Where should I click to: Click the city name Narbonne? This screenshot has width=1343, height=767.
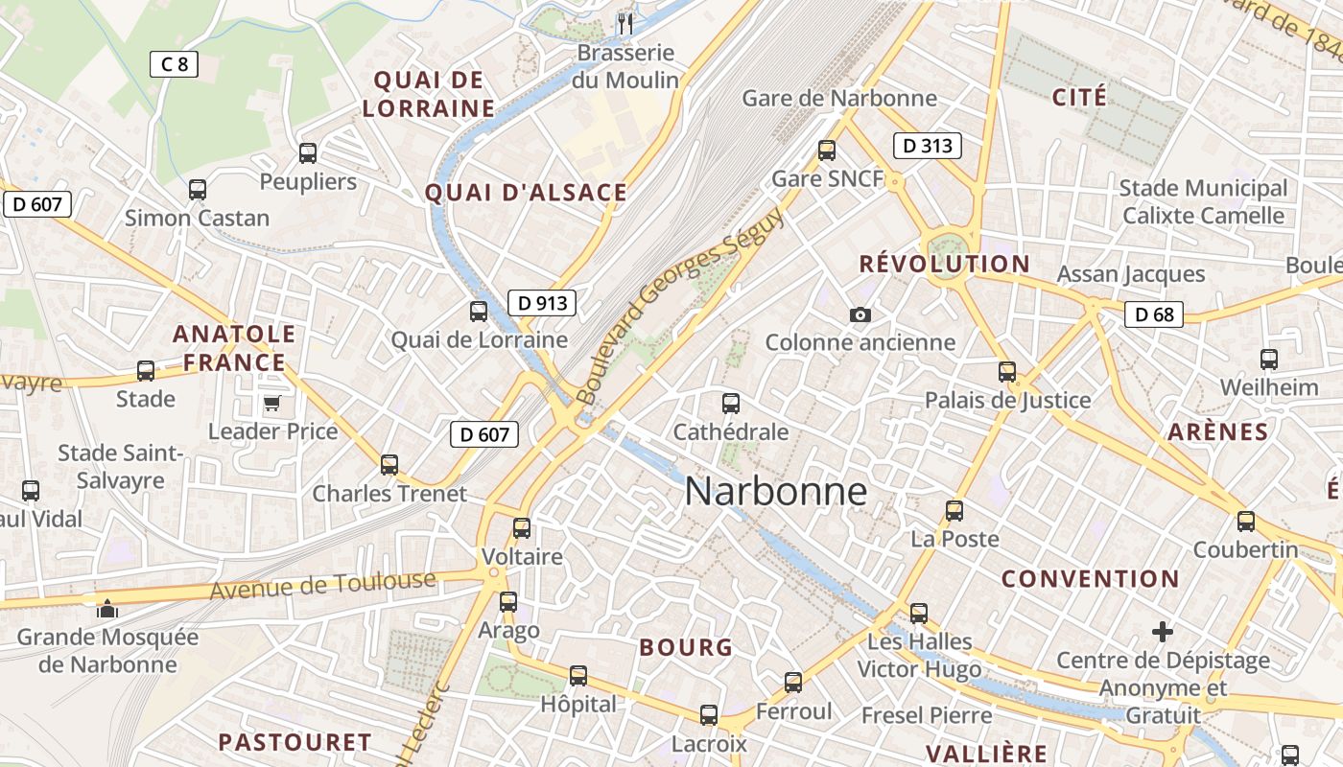[x=775, y=492]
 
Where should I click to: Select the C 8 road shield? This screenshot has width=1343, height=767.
[x=174, y=64]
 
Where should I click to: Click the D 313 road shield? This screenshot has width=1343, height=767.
[x=927, y=146]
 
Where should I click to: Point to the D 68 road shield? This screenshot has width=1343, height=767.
[x=1154, y=314]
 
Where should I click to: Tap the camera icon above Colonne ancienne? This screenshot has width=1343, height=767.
[x=860, y=314]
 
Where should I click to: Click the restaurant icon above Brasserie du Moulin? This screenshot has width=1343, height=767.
[x=625, y=23]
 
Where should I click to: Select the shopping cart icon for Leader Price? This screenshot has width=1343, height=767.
[x=271, y=404]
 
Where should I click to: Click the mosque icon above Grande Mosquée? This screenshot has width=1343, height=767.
[x=106, y=609]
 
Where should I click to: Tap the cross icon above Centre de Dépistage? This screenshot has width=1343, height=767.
[x=1163, y=632]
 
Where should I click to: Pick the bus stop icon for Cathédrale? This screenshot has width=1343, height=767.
[x=731, y=404]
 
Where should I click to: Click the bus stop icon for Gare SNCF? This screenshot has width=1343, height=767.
[x=827, y=151]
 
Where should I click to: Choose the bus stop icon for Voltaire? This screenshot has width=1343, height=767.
[x=522, y=527]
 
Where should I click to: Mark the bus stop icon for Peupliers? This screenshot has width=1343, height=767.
[x=308, y=152]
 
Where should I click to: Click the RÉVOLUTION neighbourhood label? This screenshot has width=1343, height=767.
[x=944, y=264]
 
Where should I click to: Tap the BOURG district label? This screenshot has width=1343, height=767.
[x=686, y=647]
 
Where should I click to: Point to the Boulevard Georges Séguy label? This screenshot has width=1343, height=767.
[x=681, y=305]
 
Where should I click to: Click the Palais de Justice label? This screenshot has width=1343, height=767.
[x=1007, y=400]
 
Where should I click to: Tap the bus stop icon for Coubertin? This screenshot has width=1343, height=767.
[x=1246, y=521]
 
